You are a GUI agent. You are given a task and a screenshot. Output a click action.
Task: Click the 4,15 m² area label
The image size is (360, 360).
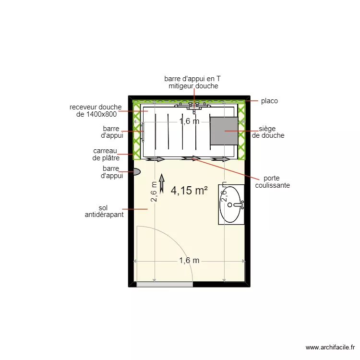189,191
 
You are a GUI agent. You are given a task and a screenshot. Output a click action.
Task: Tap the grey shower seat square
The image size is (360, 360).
223,130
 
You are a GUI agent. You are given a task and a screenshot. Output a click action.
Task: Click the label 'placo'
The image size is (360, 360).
269,101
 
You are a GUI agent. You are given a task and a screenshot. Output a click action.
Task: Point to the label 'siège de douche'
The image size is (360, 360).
268,132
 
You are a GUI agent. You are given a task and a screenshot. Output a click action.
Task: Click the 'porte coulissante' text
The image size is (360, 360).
273,181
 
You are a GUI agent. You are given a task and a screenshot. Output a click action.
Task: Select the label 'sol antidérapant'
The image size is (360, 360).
104,211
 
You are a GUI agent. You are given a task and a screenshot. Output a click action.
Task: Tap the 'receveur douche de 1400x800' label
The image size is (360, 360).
96,110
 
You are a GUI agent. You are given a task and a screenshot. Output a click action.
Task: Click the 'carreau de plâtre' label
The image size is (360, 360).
106,154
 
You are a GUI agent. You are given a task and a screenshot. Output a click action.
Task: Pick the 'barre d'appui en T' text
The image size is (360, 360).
192,78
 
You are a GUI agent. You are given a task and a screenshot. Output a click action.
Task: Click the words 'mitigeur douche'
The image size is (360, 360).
193,86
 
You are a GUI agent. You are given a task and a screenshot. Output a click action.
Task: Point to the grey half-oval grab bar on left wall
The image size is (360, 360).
136,171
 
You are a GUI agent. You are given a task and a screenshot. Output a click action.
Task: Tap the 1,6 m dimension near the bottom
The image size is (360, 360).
189,261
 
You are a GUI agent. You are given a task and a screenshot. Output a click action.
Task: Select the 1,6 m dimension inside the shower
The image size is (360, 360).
189,121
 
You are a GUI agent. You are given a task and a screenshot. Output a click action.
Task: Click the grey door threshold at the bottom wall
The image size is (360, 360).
165,285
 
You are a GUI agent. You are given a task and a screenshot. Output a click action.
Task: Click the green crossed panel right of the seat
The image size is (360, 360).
242,131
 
